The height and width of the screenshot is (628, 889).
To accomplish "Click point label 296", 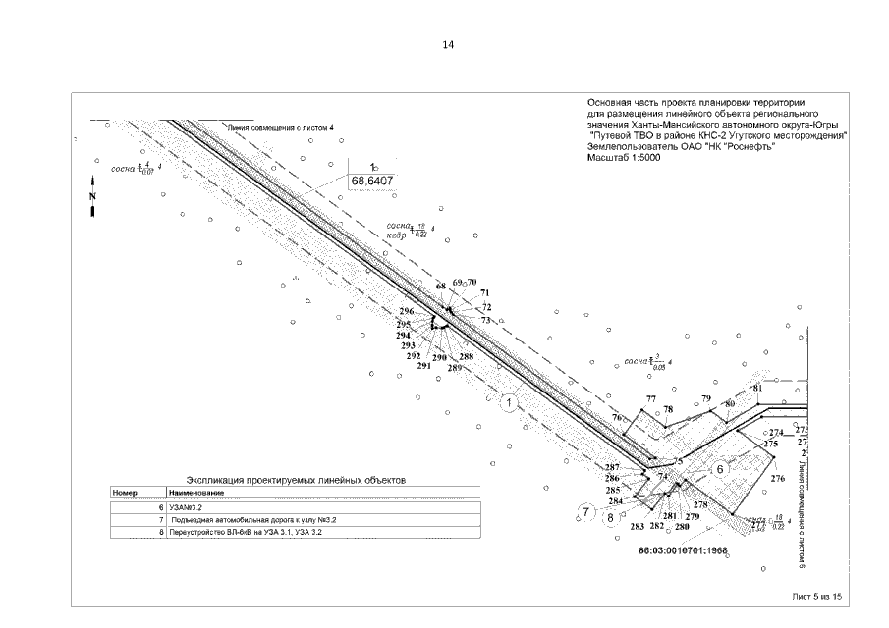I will [406, 311].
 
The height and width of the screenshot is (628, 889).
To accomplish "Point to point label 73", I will [485, 320].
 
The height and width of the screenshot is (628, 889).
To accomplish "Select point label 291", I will [423, 365].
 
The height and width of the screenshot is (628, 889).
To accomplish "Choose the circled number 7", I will [586, 511].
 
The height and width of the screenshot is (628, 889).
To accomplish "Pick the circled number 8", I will [610, 516].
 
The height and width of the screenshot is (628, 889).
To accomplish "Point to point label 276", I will [778, 478].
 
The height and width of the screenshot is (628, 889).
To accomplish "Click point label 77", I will [649, 399].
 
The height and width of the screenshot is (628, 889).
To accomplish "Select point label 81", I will [757, 388].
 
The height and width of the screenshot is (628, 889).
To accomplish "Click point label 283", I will [637, 526].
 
